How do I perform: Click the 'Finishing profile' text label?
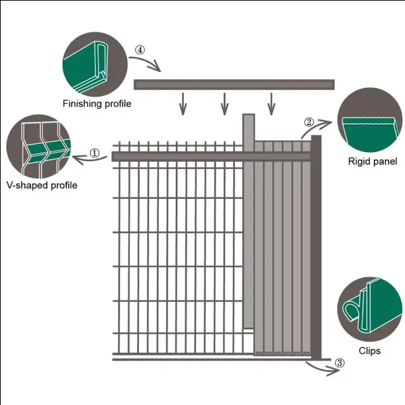coord(97,104)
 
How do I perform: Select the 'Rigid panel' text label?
coord(372,162)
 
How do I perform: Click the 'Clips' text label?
coord(369,351)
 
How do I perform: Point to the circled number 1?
coord(95,153)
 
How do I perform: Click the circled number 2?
coord(308,122)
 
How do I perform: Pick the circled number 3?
coord(339,363)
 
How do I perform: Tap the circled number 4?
coord(140,50)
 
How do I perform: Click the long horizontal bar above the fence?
coord(234,85)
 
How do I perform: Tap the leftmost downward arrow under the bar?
coord(185,104)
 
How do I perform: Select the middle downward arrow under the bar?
coord(225,104)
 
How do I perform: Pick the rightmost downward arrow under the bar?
coord(271,104)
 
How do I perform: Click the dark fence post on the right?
coord(316,244)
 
